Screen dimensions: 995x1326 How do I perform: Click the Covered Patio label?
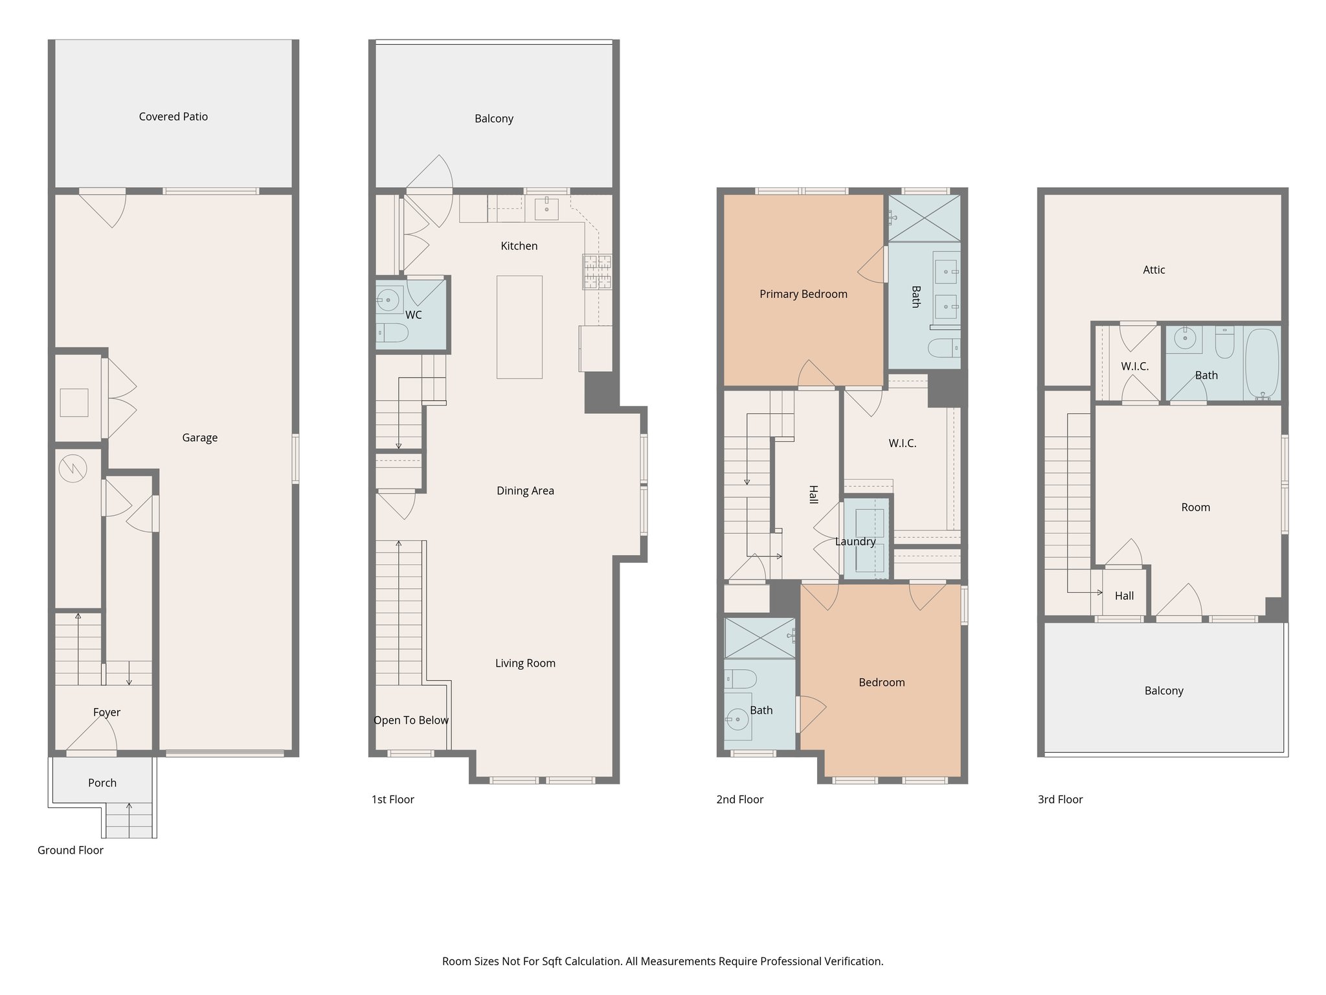tap(173, 117)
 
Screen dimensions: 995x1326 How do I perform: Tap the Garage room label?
tap(199, 438)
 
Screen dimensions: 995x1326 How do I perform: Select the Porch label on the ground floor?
tap(102, 783)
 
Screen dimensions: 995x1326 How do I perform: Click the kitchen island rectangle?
tap(519, 326)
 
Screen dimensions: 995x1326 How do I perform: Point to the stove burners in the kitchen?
tap(597, 271)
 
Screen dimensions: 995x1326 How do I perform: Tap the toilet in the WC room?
tap(392, 333)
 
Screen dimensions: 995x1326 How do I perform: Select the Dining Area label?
tap(525, 490)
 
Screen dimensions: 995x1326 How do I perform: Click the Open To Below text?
tap(410, 720)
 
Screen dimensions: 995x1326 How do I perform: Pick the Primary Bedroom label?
tap(803, 294)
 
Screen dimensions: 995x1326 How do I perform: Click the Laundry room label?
tap(855, 542)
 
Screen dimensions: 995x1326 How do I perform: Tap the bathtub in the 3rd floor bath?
tap(1262, 364)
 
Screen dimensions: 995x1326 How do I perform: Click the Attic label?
tap(1154, 270)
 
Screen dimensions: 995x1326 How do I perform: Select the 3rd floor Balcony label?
tap(1163, 691)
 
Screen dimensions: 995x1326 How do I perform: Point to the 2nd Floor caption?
tap(739, 799)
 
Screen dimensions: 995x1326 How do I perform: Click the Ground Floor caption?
tap(70, 850)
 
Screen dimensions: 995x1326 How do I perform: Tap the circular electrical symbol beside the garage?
tap(73, 468)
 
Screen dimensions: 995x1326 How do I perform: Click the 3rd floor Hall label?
tap(1124, 596)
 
